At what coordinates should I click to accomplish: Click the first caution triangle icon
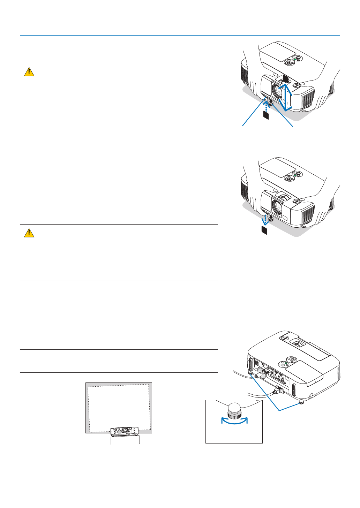tap(29, 72)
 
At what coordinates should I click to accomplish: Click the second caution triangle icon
tap(29, 233)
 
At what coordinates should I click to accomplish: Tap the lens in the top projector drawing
tap(278, 92)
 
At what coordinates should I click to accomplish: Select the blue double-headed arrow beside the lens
tap(287, 97)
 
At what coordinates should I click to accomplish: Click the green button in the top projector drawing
tap(295, 59)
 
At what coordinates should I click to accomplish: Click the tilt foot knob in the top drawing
tap(270, 103)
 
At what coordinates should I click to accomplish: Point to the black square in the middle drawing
tap(264, 230)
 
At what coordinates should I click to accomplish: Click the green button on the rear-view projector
tap(286, 363)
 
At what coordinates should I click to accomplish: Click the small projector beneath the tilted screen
tap(125, 432)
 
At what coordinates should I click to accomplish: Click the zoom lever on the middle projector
tap(284, 198)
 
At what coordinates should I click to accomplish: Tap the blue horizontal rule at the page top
tap(180, 35)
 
